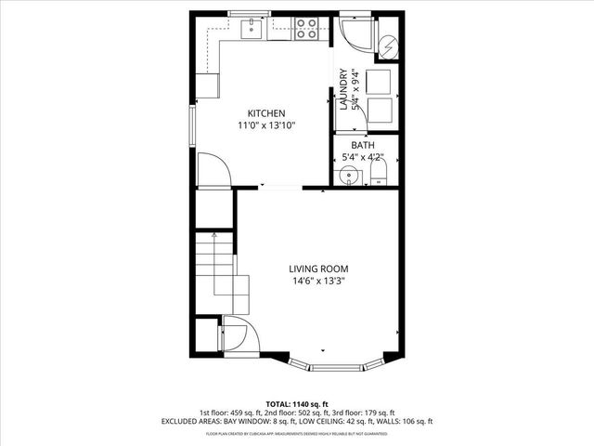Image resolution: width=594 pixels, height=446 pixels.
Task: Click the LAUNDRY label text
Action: coord(342,89)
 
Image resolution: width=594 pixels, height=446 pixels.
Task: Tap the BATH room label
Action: coord(363,146)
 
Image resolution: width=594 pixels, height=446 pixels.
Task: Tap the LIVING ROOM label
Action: coord(318,269)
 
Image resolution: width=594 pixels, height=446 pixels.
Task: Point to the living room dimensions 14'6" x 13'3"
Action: coord(318,281)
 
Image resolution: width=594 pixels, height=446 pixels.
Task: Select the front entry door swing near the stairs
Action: coord(236,332)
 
